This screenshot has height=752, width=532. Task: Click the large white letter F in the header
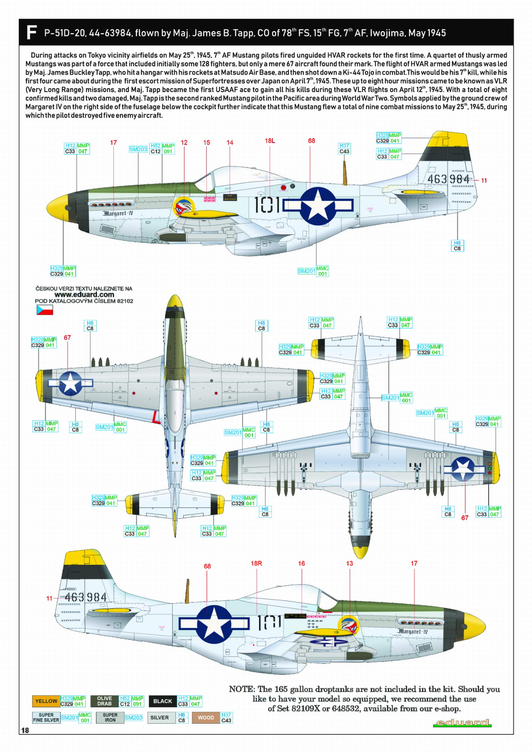tap(32, 32)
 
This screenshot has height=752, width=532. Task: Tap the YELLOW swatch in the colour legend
tap(46, 701)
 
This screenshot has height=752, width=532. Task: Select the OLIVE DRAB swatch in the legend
tap(104, 701)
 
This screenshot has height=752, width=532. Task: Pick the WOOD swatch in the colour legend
tap(206, 717)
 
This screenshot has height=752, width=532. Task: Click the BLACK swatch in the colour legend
tap(162, 701)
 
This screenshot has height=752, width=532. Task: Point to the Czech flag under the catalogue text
tap(44, 310)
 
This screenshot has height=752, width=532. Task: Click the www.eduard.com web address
tap(84, 295)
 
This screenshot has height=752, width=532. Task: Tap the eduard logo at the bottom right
tap(462, 723)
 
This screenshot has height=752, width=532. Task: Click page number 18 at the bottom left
tap(25, 730)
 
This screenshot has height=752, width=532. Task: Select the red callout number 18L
tap(270, 141)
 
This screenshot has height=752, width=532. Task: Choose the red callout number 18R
tap(256, 563)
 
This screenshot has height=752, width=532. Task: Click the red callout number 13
tap(349, 563)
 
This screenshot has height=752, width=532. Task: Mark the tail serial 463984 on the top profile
tap(448, 179)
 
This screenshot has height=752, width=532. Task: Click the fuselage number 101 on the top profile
tap(267, 205)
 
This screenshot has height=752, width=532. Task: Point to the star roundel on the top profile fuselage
tap(318, 206)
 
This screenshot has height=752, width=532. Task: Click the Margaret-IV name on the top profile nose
tap(118, 213)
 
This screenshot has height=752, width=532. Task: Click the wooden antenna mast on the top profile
tap(345, 173)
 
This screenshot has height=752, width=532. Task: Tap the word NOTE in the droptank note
tap(242, 689)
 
